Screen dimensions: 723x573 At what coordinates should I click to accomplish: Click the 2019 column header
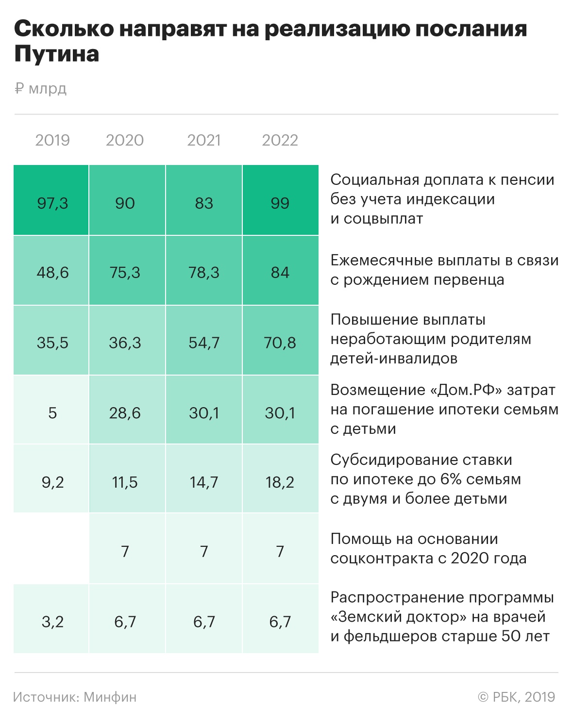[x=52, y=140]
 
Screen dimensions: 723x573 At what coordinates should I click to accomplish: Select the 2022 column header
[x=280, y=140]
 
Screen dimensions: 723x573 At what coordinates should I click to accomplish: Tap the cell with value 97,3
[x=52, y=203]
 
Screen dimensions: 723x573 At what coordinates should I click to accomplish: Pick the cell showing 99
[x=280, y=203]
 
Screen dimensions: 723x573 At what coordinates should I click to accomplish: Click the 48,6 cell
[x=52, y=272]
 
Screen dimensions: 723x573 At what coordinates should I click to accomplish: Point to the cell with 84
[x=280, y=272]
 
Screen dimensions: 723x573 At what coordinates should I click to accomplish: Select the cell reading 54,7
[x=204, y=343]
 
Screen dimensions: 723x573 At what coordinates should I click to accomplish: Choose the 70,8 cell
[x=280, y=343]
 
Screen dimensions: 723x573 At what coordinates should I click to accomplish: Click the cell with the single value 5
[x=52, y=413]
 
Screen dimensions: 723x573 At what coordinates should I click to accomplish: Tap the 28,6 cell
[x=125, y=413]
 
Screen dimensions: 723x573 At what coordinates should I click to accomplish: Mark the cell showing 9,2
[x=52, y=482]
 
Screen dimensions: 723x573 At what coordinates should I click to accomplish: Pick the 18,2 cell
[x=280, y=482]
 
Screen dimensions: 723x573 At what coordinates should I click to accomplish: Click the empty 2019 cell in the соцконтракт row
[x=51, y=548]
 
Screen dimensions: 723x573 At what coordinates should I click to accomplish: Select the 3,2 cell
[x=52, y=622]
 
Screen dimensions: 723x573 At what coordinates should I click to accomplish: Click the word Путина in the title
[x=57, y=54]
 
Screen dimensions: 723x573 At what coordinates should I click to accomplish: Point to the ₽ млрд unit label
[x=41, y=89]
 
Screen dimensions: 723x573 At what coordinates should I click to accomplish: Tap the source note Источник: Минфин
[x=75, y=697]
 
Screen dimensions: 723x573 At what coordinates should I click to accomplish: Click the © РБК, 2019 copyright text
[x=516, y=697]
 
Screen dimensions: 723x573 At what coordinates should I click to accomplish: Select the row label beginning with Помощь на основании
[x=428, y=548]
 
